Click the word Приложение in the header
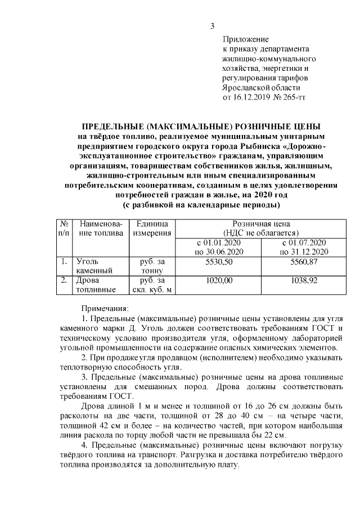click(246, 40)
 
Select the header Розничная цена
click(255, 223)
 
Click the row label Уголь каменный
click(91, 267)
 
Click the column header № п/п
click(64, 228)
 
